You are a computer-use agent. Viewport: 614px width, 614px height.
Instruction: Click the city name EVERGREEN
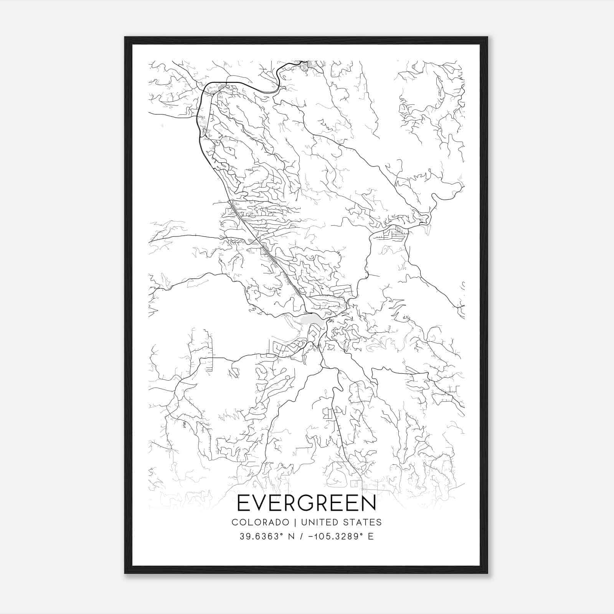coord(307,503)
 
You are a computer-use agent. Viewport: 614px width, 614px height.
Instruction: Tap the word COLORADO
coord(260,522)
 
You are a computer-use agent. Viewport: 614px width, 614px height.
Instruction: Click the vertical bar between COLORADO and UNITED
coord(295,522)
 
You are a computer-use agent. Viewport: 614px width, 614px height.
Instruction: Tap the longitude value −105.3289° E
coord(338,536)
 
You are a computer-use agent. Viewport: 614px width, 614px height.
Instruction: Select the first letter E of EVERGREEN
coord(243,503)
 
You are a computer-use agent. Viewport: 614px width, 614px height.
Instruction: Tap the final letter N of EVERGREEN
coord(369,503)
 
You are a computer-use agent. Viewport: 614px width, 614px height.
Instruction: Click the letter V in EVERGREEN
coord(259,503)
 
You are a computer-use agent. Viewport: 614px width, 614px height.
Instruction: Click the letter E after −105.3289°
coord(370,536)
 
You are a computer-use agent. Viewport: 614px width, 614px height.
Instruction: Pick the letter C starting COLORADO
coord(234,522)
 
